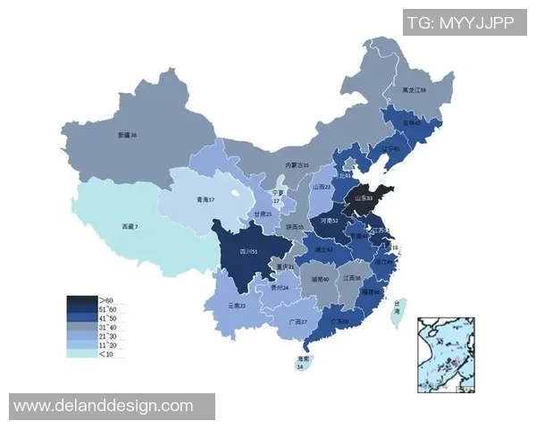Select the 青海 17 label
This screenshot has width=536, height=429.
point(207,199)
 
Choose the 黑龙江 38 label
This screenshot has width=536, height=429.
point(413,90)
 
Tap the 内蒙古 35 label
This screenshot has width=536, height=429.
point(297,165)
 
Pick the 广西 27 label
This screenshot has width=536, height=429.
point(297,322)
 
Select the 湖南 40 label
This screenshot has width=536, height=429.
point(319,280)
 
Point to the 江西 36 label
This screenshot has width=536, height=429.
point(352,279)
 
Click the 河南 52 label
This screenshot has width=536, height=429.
point(329,220)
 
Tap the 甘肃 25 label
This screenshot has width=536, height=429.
point(261,214)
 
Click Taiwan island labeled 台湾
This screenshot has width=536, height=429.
point(399,309)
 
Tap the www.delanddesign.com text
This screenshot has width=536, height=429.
point(104,406)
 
